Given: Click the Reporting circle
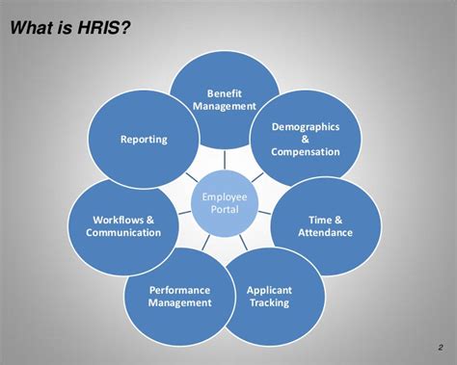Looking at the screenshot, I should pyautogui.click(x=143, y=141).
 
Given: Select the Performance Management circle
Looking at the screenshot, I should pyautogui.click(x=179, y=296).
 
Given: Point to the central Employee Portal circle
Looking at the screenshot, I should pyautogui.click(x=224, y=203).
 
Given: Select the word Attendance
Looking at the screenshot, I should pyautogui.click(x=325, y=233).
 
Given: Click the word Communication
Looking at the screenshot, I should pyautogui.click(x=123, y=233).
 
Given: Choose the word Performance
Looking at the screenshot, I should pyautogui.click(x=179, y=289).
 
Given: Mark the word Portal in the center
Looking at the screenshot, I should pyautogui.click(x=224, y=210).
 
